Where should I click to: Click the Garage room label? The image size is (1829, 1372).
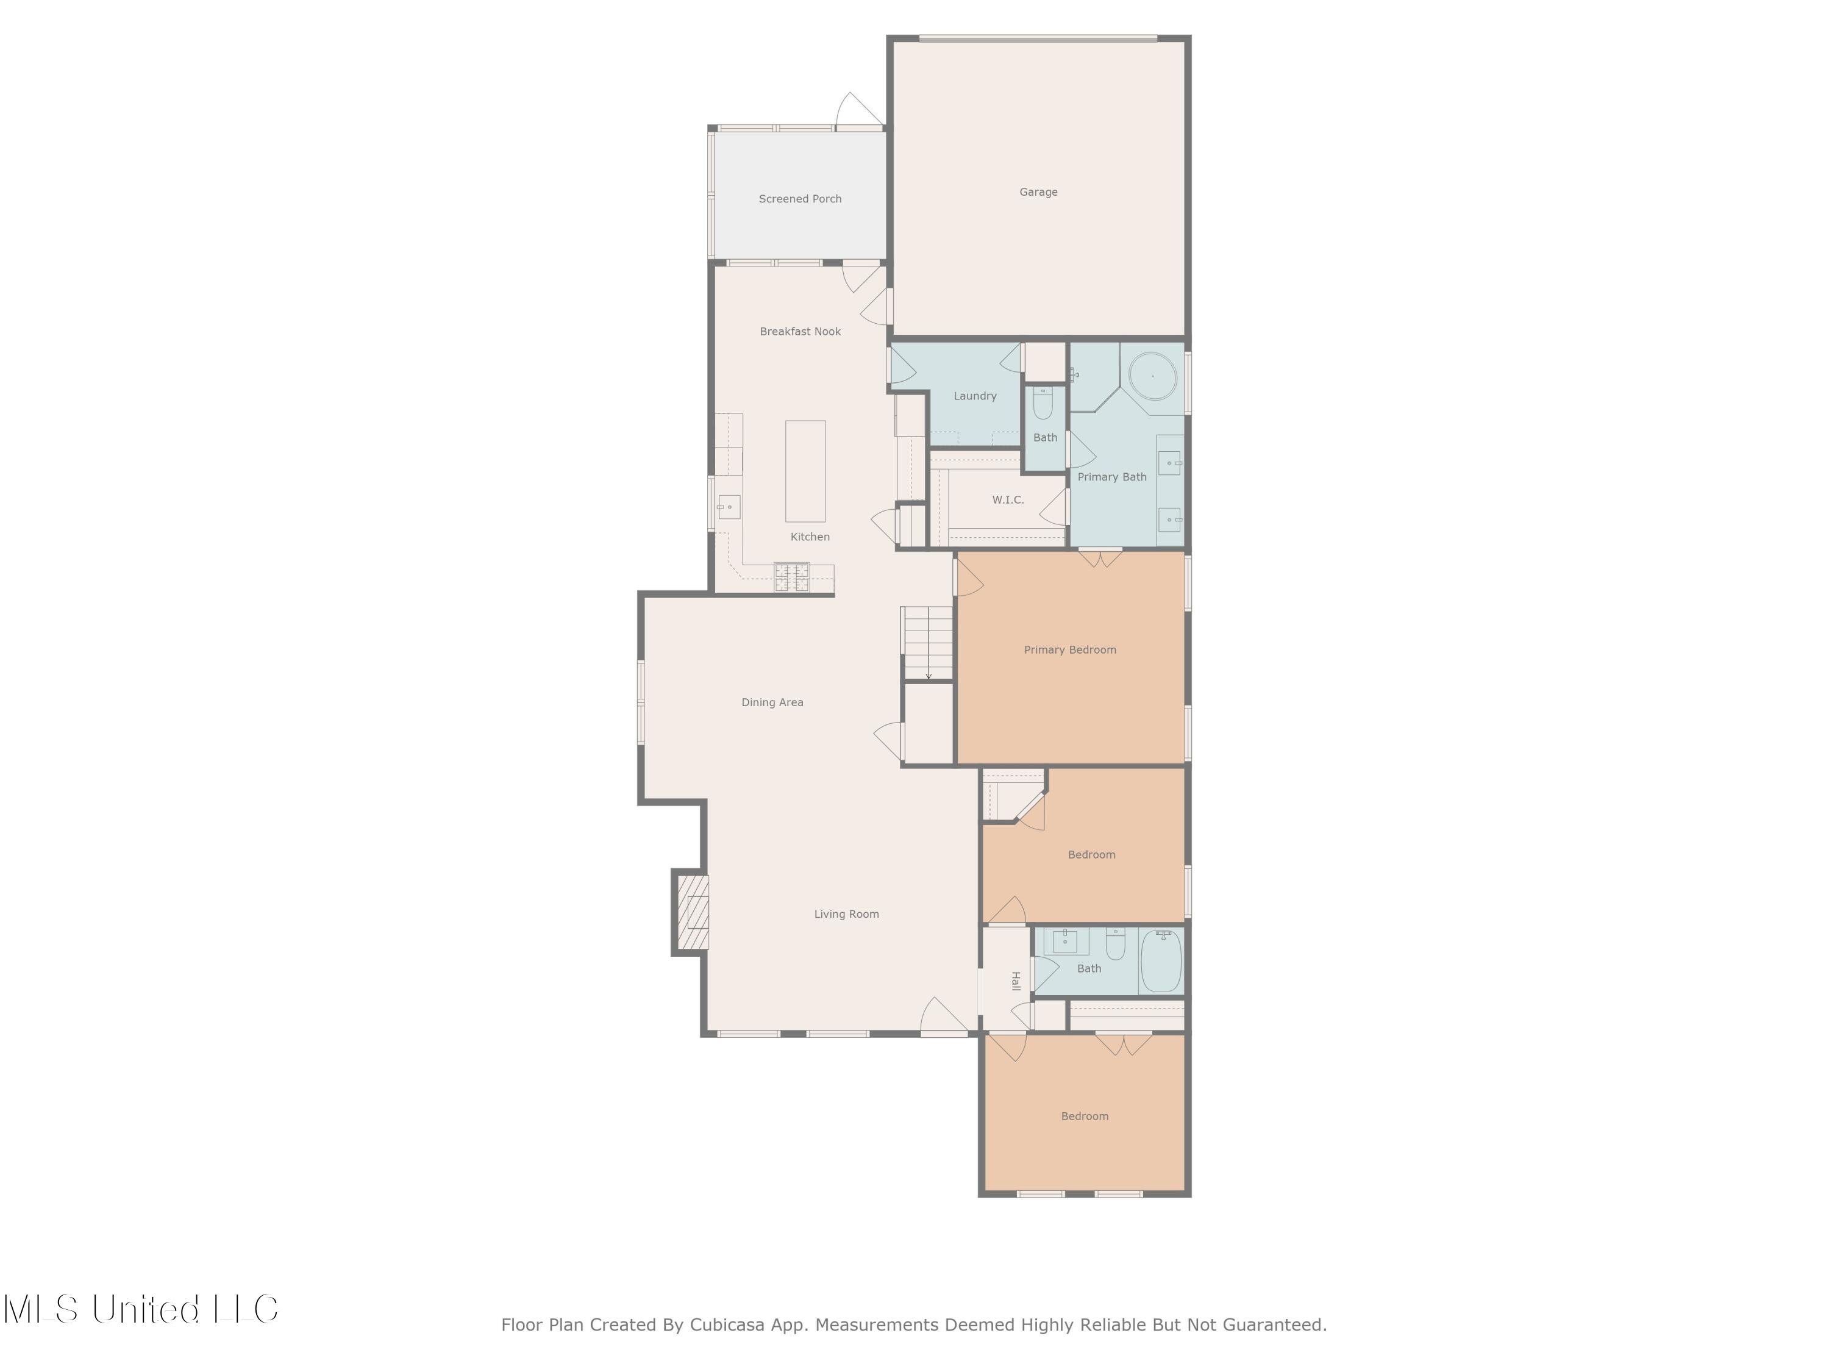point(1038,192)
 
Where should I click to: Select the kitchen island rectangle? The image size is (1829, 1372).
point(805,471)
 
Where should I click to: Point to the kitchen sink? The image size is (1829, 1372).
point(729,507)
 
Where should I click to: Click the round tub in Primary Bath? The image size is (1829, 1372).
point(1153,376)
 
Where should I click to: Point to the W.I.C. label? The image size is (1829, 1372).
point(1008,499)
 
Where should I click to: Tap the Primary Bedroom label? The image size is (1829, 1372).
point(1070,650)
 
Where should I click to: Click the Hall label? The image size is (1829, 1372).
point(1015,981)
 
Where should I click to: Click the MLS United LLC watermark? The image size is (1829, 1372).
point(141,1309)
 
